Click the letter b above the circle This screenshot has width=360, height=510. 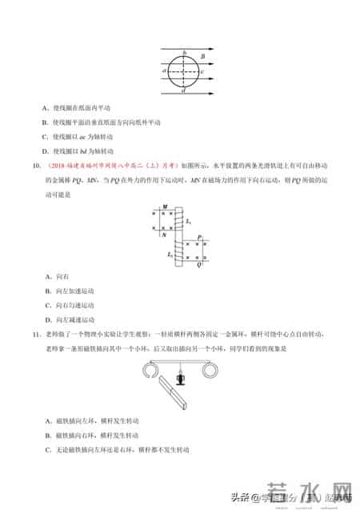(x=185, y=53)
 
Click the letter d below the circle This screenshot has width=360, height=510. (x=185, y=92)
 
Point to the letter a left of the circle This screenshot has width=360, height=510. (x=164, y=71)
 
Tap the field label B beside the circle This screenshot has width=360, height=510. (x=202, y=58)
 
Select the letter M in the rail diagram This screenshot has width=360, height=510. (x=164, y=207)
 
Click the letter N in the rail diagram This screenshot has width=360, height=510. (x=164, y=236)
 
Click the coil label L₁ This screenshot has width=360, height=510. (x=187, y=219)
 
